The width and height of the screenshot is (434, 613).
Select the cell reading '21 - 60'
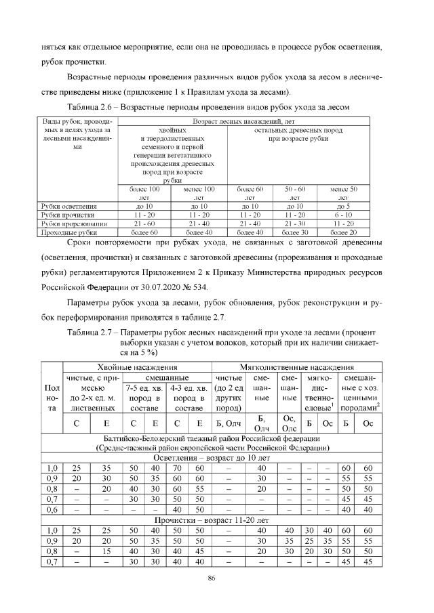pyautogui.click(x=144, y=223)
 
